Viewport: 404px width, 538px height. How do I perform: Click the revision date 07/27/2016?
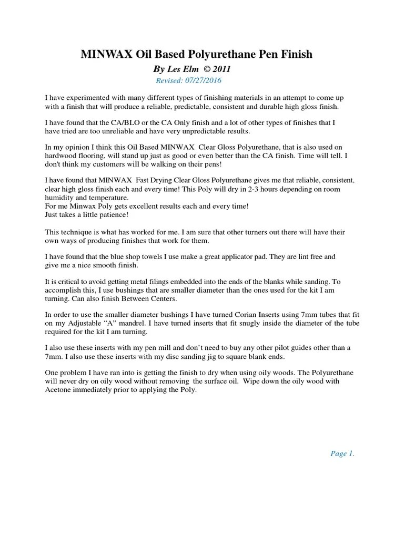[203, 80]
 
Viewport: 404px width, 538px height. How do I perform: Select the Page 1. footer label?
[342, 454]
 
